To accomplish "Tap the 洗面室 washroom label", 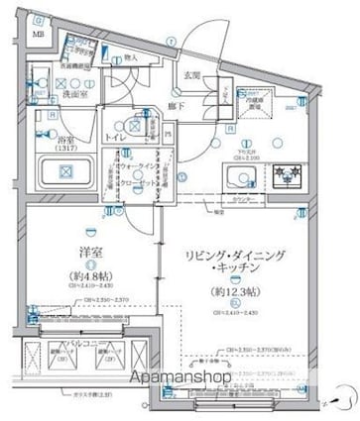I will (x=70, y=94).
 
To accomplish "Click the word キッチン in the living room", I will (x=238, y=246).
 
